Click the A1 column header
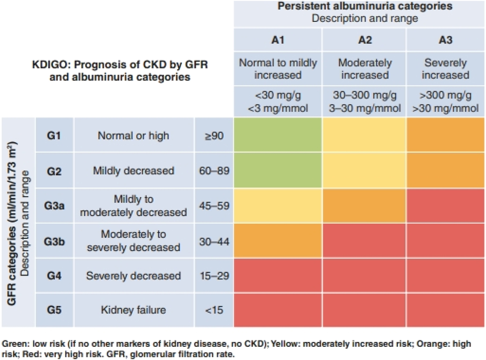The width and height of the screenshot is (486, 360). [278, 40]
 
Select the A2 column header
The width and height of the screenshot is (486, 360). [364, 40]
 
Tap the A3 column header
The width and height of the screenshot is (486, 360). [445, 40]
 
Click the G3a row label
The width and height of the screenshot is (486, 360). [54, 206]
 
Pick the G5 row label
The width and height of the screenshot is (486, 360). [54, 310]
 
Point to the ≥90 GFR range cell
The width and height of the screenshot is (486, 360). [214, 136]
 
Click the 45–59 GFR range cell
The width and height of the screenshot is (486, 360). [214, 206]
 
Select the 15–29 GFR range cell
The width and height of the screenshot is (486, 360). [214, 275]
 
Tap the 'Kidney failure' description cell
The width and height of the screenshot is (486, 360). [134, 310]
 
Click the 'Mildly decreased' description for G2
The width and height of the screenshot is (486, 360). [134, 171]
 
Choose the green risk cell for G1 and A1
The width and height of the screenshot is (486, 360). [278, 135]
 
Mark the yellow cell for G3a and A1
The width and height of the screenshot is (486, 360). [278, 206]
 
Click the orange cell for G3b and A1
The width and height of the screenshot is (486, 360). [278, 241]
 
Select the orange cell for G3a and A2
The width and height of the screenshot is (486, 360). [364, 206]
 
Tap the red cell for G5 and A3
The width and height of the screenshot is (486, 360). [445, 310]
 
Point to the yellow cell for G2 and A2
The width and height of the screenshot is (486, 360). [364, 170]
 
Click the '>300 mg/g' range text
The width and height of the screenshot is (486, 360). [445, 95]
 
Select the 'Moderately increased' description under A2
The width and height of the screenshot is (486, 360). [364, 69]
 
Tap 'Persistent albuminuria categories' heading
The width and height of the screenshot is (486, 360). [364, 6]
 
